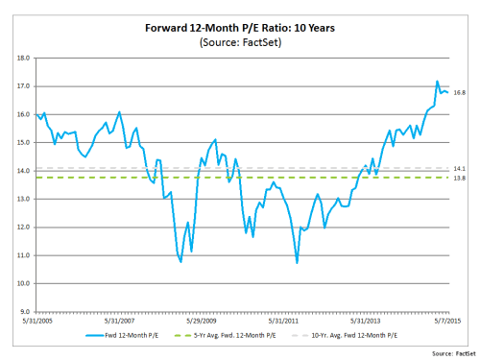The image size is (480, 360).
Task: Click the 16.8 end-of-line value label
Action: click(x=459, y=93)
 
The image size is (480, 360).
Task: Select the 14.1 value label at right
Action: click(x=459, y=168)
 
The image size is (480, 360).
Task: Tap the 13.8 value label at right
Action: click(x=459, y=178)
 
